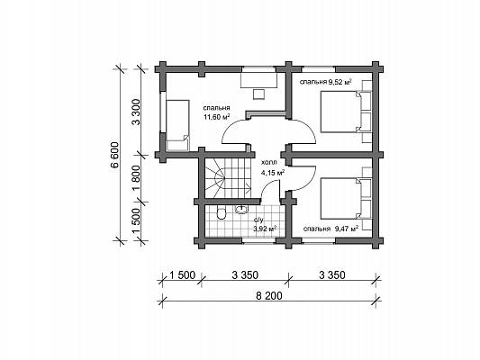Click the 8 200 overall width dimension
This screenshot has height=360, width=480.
pyautogui.click(x=269, y=296)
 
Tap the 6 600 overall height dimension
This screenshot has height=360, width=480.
pyautogui.click(x=114, y=155)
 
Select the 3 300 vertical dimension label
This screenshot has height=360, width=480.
pyautogui.click(x=136, y=112)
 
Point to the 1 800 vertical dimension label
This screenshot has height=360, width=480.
pyautogui.click(x=136, y=178)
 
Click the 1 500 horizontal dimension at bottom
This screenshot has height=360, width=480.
pyautogui.click(x=182, y=275)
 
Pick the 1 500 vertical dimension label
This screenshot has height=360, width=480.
pyautogui.click(x=136, y=220)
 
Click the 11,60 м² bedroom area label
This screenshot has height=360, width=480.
pyautogui.click(x=216, y=116)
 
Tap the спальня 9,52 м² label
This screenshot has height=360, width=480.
pyautogui.click(x=325, y=82)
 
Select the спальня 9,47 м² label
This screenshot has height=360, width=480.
pyautogui.click(x=331, y=229)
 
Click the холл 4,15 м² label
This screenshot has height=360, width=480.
pyautogui.click(x=272, y=167)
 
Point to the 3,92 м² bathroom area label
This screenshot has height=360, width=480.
pyautogui.click(x=265, y=229)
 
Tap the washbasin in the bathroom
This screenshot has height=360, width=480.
pyautogui.click(x=242, y=209)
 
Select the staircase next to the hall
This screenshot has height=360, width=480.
pyautogui.click(x=229, y=178)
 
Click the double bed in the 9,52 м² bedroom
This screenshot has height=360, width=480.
pyautogui.click(x=340, y=112)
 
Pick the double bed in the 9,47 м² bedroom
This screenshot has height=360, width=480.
pyautogui.click(x=340, y=199)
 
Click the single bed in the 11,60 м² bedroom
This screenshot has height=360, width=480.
pyautogui.click(x=177, y=125)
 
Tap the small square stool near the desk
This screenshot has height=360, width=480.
pyautogui.click(x=259, y=94)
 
